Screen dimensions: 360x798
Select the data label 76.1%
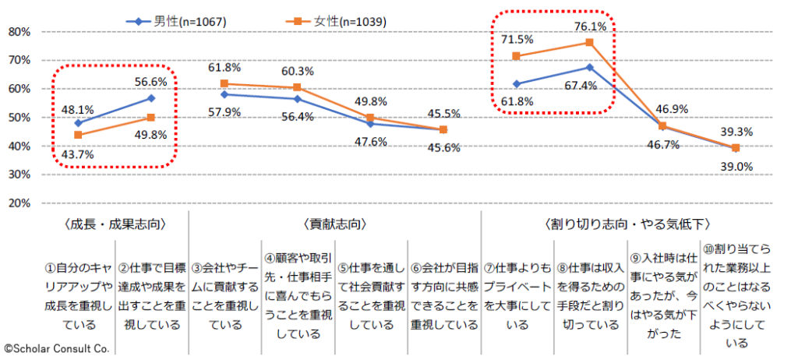(590, 27)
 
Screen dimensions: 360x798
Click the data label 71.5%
(517, 40)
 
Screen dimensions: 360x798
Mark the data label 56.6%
(151, 81)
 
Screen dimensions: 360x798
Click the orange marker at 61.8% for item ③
(224, 83)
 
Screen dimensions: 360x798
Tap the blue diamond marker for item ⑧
(590, 67)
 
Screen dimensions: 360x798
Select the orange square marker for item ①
(78, 135)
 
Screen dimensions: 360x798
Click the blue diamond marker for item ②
(150, 98)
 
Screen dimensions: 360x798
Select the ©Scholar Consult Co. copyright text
(56, 348)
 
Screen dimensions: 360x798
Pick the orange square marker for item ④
(297, 88)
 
